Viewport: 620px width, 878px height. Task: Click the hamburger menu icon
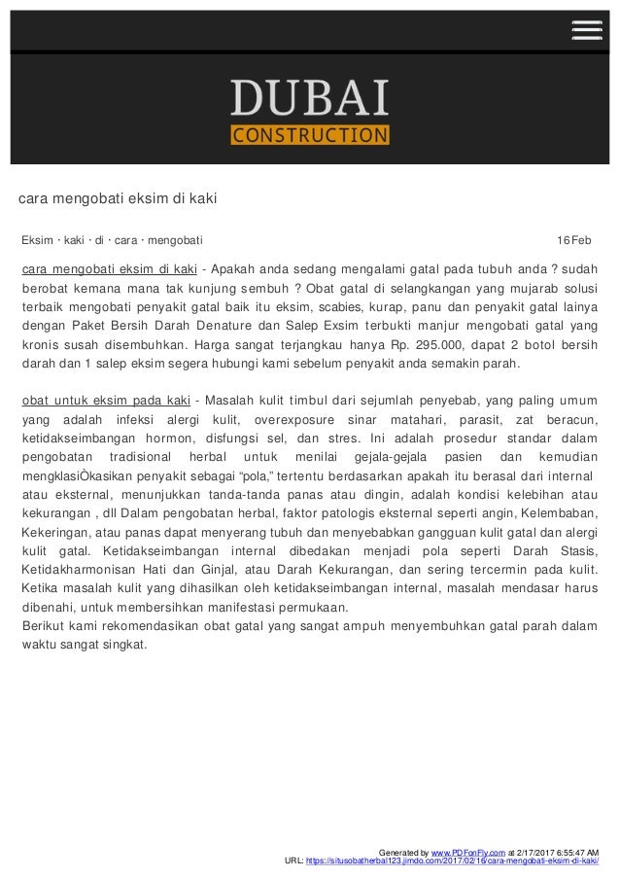point(586,30)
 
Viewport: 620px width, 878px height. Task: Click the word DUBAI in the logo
point(309,99)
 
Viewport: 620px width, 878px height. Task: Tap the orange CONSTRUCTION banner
point(309,133)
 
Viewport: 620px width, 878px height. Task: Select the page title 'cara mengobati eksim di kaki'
point(117,200)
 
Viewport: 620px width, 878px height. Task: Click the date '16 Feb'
point(573,239)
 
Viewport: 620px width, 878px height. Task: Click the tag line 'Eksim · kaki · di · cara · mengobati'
point(112,239)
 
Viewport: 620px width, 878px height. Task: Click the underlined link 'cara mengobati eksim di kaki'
point(109,268)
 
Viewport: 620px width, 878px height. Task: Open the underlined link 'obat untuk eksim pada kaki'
point(105,401)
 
